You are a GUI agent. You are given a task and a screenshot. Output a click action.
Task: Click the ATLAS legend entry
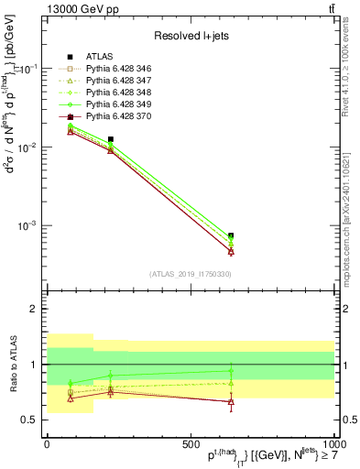99,57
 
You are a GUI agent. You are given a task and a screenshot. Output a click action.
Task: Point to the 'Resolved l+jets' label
190,35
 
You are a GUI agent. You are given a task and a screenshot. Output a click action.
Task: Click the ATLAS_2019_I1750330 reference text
190,274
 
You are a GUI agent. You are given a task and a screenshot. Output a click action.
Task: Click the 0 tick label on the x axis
47,442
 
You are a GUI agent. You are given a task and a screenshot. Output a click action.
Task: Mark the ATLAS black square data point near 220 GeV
111,139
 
